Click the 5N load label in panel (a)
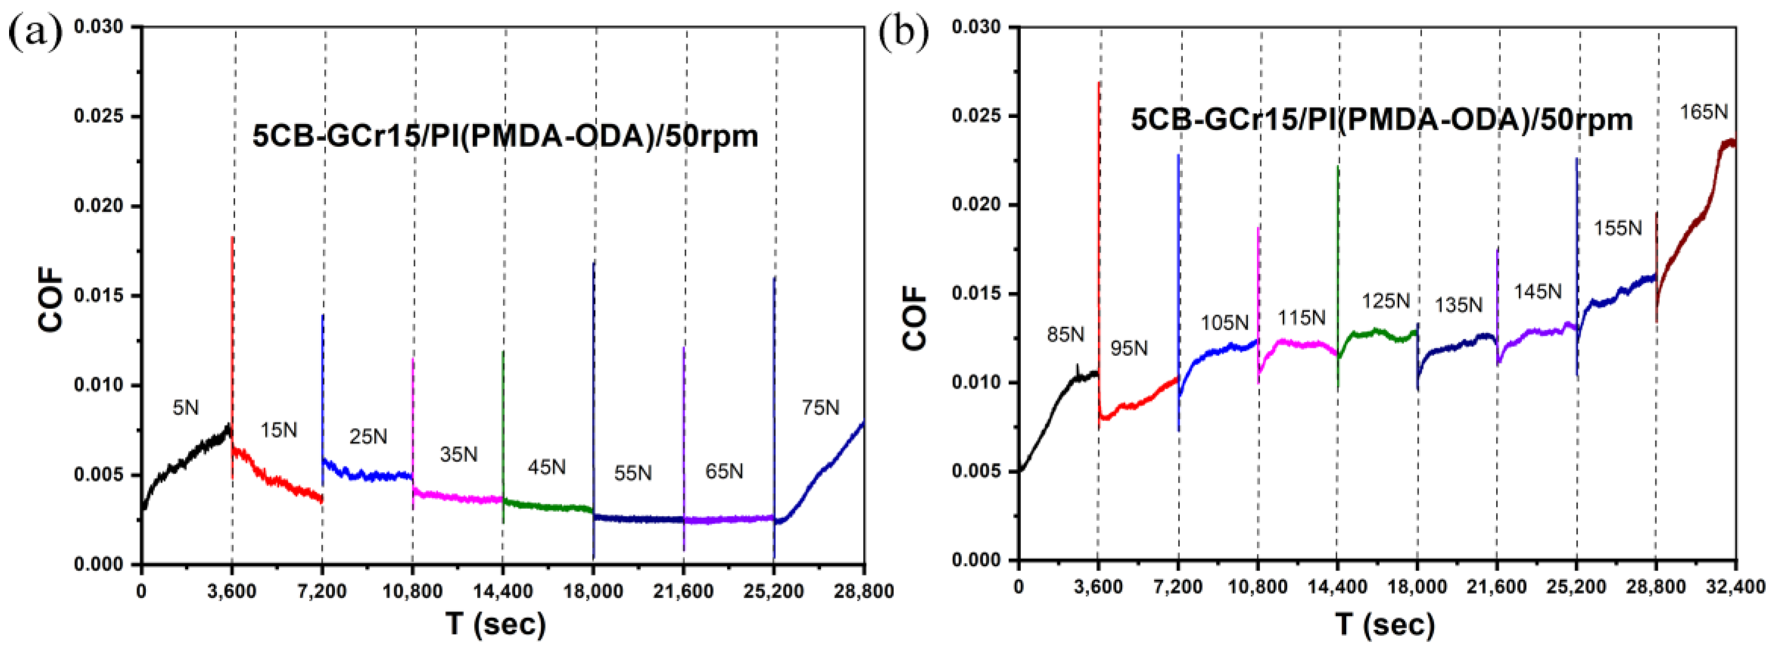tap(185, 408)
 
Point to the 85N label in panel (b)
tap(1065, 335)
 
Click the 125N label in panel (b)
tap(1386, 301)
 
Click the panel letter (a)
tap(34, 32)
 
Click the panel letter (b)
tap(904, 32)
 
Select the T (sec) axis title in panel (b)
tap(1386, 624)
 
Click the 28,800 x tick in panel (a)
tap(864, 591)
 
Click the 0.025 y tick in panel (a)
tap(98, 116)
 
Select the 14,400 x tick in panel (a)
tap(502, 591)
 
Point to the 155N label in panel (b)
tap(1618, 228)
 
